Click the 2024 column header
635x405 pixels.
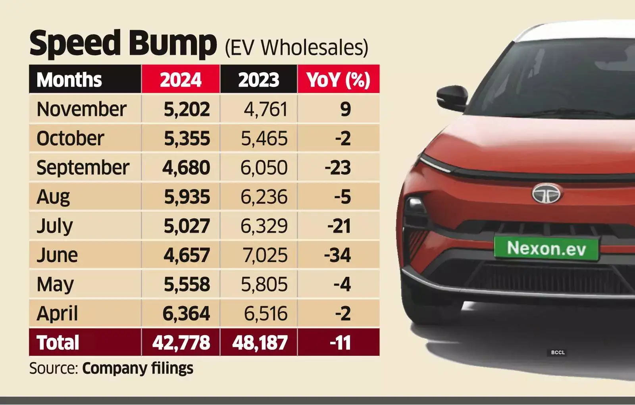(x=181, y=79)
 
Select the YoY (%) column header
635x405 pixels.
(x=338, y=79)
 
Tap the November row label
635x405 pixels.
(x=81, y=109)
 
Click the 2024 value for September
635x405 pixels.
(x=186, y=168)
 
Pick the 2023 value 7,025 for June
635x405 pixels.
(x=265, y=255)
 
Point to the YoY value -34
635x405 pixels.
(x=337, y=255)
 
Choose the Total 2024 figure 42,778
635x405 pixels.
(x=181, y=343)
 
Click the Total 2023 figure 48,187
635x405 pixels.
(x=260, y=343)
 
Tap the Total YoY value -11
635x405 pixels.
(x=340, y=343)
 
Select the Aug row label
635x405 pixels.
(x=53, y=197)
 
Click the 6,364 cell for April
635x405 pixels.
(x=186, y=314)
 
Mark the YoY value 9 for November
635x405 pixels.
(x=345, y=109)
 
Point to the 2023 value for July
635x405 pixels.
(x=264, y=226)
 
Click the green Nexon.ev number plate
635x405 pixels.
(x=546, y=249)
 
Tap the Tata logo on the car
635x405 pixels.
(x=546, y=194)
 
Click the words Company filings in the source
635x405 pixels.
(x=138, y=368)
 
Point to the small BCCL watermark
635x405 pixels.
(x=558, y=353)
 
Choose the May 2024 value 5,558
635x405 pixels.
(x=187, y=284)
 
